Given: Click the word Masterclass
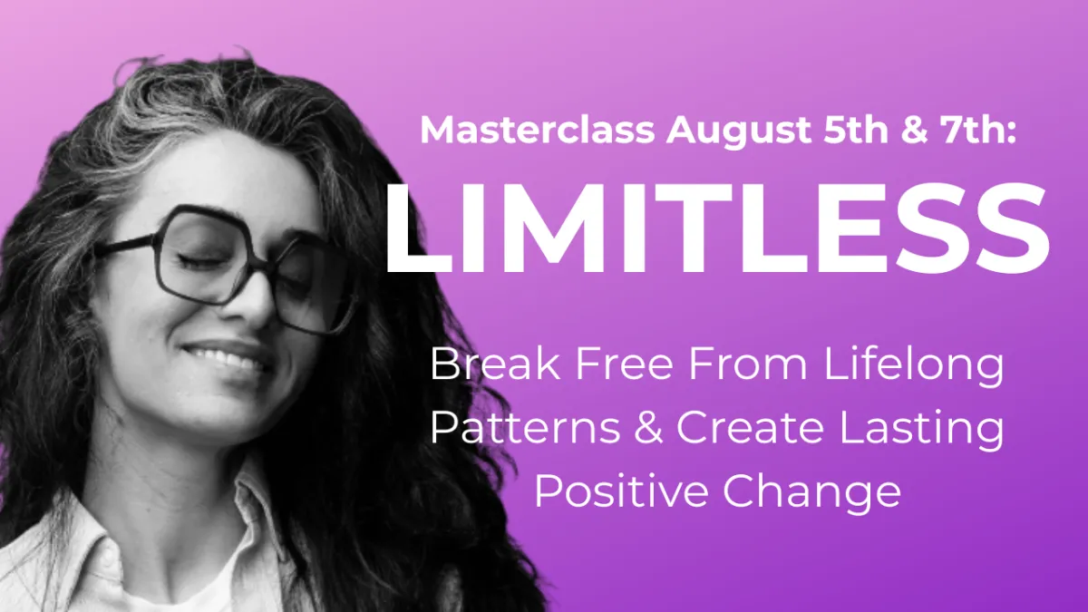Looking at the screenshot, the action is pyautogui.click(x=537, y=130).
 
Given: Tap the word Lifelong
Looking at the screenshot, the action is pyautogui.click(x=914, y=368).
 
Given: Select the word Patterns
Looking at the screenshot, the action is pyautogui.click(x=525, y=427).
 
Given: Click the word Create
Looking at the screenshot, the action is pyautogui.click(x=750, y=427).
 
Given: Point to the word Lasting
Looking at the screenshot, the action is pyautogui.click(x=921, y=431).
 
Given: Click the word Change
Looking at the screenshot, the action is pyautogui.click(x=811, y=494).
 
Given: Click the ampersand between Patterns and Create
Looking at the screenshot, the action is pyautogui.click(x=648, y=427).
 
